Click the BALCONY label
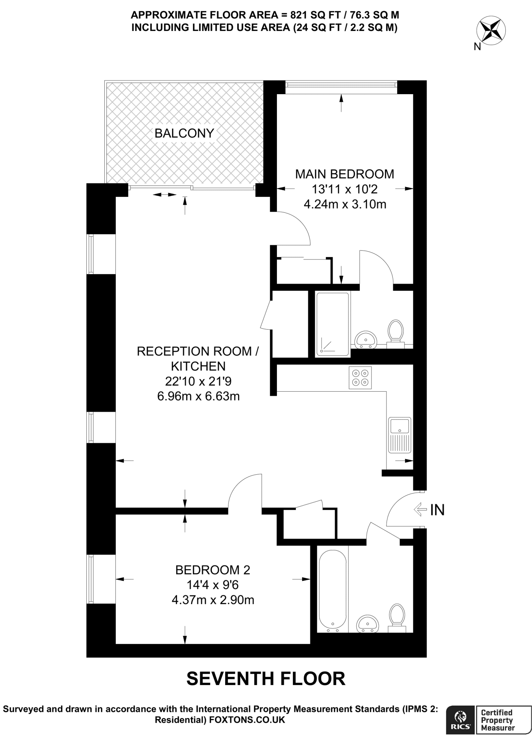pos(184,133)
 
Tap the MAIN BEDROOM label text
pos(345,174)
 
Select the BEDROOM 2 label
pos(213,570)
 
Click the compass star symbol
pos(491,30)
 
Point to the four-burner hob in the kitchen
pos(360,378)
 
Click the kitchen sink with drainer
pos(400,435)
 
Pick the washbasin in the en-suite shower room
pos(366,340)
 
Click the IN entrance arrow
pos(419,509)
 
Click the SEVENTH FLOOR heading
pos(266,678)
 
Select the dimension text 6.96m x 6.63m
pos(199,396)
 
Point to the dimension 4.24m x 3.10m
pos(345,204)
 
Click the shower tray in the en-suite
pos(332,325)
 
